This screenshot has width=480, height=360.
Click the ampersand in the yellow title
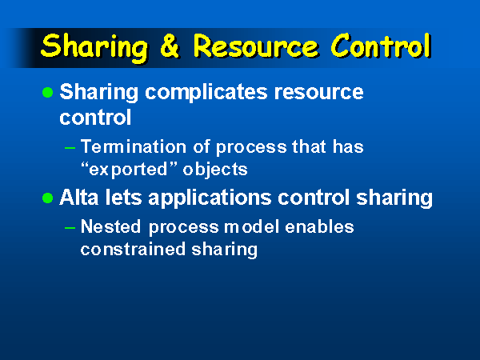pos(170,46)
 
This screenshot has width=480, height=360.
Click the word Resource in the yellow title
pos(256,46)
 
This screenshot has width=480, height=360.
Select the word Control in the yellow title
pos(381,46)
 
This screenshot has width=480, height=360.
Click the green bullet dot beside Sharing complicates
pos(48,93)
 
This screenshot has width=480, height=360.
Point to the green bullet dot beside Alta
pos(48,198)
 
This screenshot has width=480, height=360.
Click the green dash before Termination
pos(70,148)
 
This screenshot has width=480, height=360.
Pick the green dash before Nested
pos(70,228)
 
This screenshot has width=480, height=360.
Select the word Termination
pos(134,146)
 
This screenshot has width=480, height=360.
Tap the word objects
pos(215,170)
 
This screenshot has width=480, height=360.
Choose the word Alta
pos(79,198)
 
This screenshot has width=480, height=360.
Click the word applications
pos(210,198)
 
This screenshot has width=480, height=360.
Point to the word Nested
pos(111,227)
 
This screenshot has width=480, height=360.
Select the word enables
pos(319,227)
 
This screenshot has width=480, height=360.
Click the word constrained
pos(133,249)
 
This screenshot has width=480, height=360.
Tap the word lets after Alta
pos(123,198)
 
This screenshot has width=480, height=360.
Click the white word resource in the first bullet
pos(318,93)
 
